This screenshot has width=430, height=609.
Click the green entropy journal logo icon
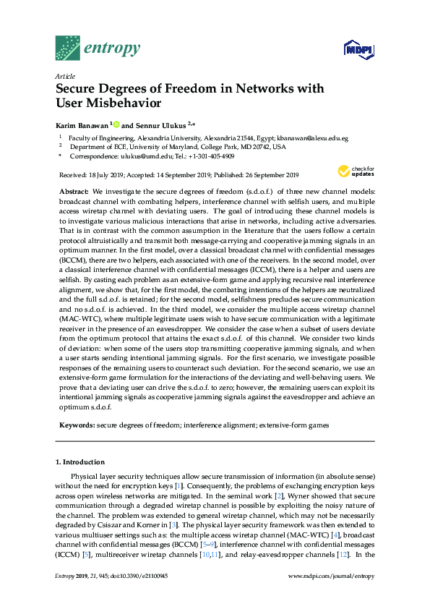click(x=68, y=48)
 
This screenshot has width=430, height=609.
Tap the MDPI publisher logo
click(x=358, y=49)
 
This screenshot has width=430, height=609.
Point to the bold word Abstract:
click(x=73, y=191)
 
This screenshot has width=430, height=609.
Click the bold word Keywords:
click(x=77, y=426)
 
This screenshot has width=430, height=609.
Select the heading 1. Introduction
click(x=80, y=461)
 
